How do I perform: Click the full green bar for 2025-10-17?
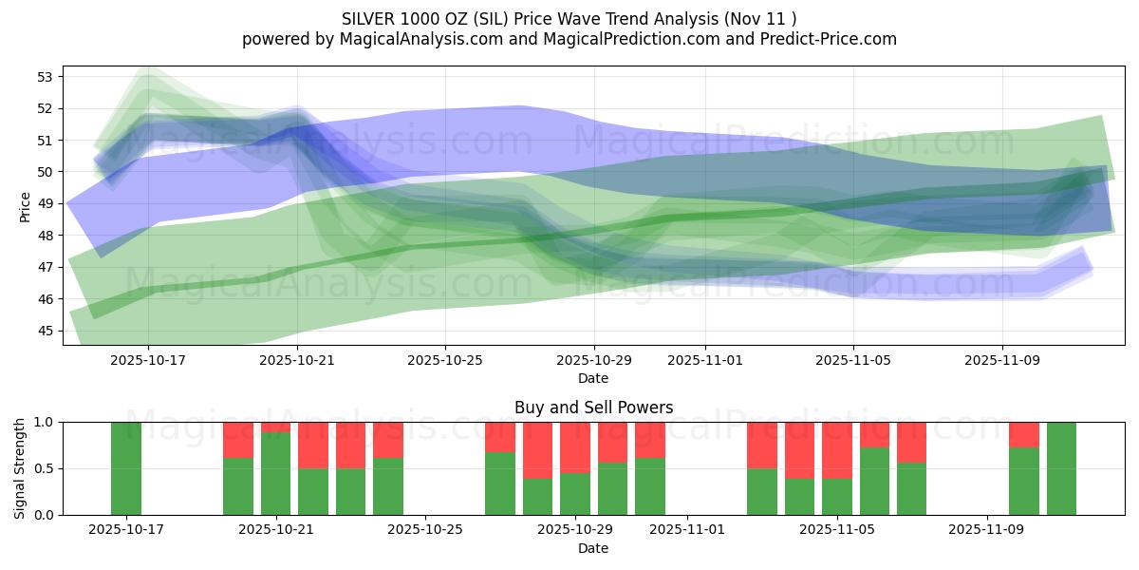point(126,468)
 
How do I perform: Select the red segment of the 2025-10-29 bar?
point(575,447)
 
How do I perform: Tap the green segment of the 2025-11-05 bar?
point(837,497)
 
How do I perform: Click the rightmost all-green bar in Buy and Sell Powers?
point(1061,468)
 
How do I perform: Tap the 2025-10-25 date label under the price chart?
point(445,360)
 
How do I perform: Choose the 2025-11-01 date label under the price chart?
point(704,360)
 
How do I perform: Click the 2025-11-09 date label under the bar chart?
point(987,529)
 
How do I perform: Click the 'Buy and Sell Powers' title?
point(593,408)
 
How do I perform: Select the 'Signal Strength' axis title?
point(20,468)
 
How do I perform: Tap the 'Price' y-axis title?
point(26,206)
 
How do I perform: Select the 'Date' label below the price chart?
point(593,378)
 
